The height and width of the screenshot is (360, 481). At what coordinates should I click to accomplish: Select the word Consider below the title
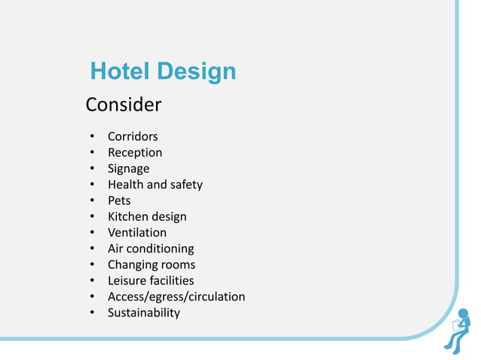pyautogui.click(x=124, y=105)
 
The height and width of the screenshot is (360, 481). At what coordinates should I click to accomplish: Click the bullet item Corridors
pyautogui.click(x=133, y=137)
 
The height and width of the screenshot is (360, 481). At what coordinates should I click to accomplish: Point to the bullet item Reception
pyautogui.click(x=135, y=153)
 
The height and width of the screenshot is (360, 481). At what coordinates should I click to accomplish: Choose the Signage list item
pyautogui.click(x=128, y=169)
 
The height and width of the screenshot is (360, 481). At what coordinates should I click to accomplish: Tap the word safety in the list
pyautogui.click(x=185, y=185)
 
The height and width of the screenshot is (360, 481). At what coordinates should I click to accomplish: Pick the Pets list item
pyautogui.click(x=119, y=200)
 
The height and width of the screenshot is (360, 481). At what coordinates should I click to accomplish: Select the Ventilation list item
pyautogui.click(x=137, y=233)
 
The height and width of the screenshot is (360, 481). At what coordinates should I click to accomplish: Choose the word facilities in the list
pyautogui.click(x=171, y=281)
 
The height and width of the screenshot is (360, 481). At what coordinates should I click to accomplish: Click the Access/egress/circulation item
pyautogui.click(x=176, y=297)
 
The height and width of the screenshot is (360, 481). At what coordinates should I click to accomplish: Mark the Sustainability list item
pyautogui.click(x=144, y=313)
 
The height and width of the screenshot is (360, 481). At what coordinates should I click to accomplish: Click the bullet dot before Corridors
pyautogui.click(x=91, y=137)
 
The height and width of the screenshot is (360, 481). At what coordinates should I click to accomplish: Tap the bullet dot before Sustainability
pyautogui.click(x=91, y=313)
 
